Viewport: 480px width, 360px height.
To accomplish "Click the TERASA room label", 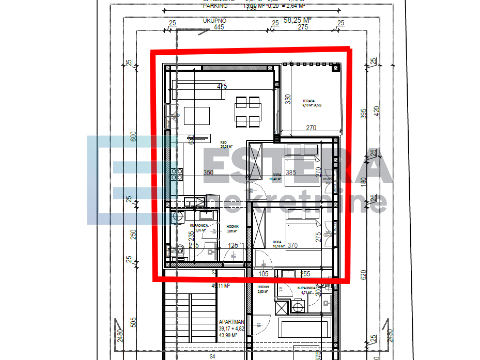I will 309,101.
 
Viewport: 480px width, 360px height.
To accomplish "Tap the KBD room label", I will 224,142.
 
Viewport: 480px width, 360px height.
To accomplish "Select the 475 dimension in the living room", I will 222,87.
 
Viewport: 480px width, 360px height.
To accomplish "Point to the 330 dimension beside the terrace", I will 288,98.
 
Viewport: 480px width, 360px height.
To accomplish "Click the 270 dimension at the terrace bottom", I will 311,127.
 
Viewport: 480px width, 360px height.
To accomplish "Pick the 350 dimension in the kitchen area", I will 208,173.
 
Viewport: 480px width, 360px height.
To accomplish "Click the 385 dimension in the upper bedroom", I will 291,173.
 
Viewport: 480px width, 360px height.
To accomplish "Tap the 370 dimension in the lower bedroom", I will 293,246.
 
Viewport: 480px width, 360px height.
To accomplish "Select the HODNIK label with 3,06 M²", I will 233,226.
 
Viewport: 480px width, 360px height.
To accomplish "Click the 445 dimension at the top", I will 219,27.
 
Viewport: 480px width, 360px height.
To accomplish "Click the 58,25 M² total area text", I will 298,20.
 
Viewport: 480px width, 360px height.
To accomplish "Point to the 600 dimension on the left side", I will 133,136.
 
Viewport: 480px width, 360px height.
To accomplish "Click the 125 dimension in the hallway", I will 234,246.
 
